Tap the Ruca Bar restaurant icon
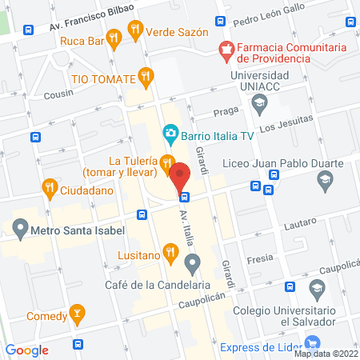point(115,35)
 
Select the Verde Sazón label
point(178,32)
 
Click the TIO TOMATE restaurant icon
point(145,77)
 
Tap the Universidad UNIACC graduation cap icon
point(259,102)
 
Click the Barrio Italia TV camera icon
point(170,133)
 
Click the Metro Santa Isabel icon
point(20,231)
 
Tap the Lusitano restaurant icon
point(170,254)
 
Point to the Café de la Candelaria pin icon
point(192,262)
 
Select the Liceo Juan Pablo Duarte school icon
point(324,183)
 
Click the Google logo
point(27,350)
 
